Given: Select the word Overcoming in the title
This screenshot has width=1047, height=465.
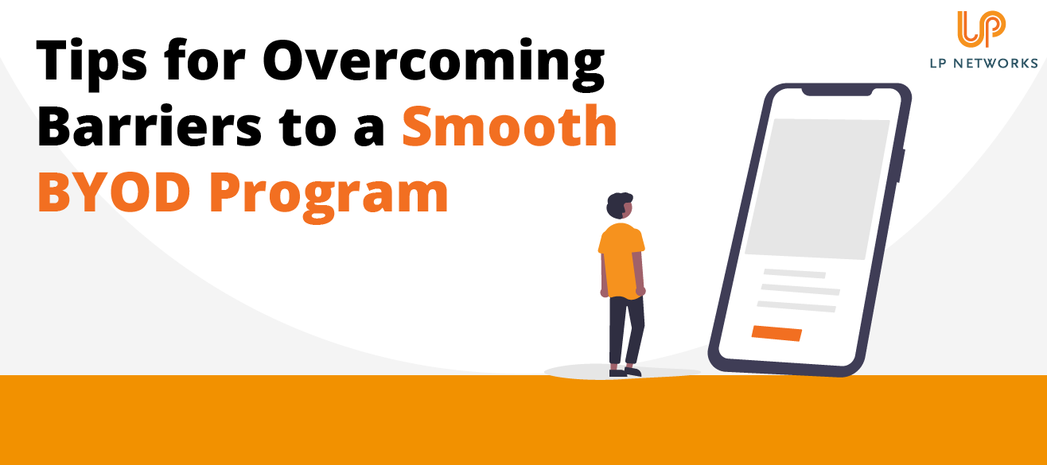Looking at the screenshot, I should [x=434, y=64].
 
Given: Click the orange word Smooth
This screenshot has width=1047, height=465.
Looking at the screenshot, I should [x=509, y=127].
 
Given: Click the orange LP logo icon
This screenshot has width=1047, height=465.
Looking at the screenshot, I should [x=981, y=29].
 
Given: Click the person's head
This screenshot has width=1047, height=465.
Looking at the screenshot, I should [x=619, y=207].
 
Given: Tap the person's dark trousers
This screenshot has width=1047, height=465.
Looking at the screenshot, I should [x=625, y=330].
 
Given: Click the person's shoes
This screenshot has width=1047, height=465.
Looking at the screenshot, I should [x=625, y=371].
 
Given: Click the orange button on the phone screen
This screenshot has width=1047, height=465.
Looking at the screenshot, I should [x=776, y=333].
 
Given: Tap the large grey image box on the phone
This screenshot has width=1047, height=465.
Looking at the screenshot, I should [x=818, y=188].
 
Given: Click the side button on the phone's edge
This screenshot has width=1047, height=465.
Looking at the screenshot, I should [x=902, y=165].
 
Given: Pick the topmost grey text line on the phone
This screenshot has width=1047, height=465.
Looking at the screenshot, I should [x=794, y=273].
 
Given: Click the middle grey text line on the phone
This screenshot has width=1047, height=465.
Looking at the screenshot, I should [x=799, y=289].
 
